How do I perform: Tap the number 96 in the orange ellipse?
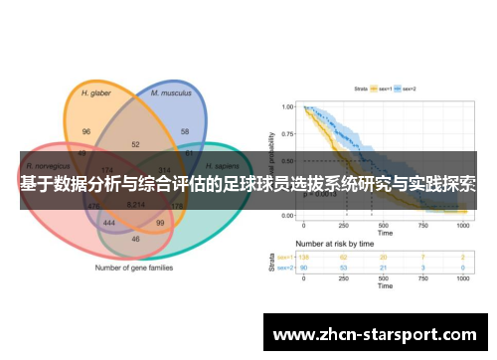click(x=86, y=131)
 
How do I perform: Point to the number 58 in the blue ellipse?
click(x=185, y=131)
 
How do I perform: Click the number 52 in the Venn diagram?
click(x=135, y=144)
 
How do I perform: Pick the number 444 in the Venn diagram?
click(x=109, y=224)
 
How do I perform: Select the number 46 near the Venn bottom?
click(x=135, y=240)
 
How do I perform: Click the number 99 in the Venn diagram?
click(x=160, y=224)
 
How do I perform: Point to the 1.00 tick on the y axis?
click(x=286, y=106)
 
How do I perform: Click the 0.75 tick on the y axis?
click(x=286, y=133)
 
